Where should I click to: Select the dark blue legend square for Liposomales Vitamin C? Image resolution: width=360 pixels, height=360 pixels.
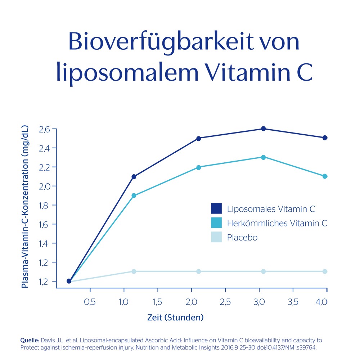(x=216, y=208)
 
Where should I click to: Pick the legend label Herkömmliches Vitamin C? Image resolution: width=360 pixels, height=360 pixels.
(x=277, y=223)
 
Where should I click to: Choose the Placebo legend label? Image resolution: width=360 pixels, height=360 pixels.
(x=242, y=238)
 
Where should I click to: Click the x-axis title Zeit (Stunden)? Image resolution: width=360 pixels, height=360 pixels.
(x=175, y=318)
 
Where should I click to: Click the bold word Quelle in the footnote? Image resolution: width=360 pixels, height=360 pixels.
(x=30, y=340)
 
